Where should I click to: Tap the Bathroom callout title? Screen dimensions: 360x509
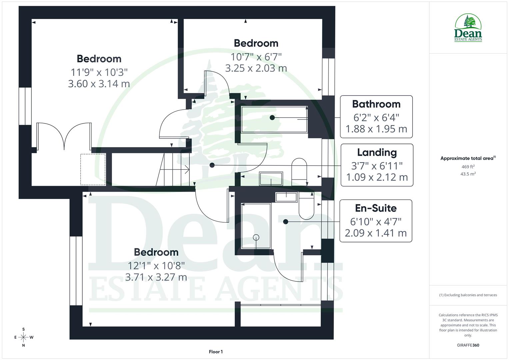pos(376,104)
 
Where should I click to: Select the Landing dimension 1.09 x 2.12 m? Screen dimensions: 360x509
pos(377,177)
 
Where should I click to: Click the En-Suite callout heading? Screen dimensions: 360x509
pos(376,208)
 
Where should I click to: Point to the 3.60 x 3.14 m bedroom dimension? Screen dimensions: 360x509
pos(99,83)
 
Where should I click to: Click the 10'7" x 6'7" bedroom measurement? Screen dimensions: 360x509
pos(256,57)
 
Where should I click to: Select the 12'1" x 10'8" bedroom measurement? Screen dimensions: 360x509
pos(156,266)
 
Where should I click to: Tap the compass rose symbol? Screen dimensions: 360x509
pos(23,337)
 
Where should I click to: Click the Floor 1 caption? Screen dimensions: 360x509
pos(216,352)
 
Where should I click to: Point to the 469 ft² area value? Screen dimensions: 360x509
pos(468,167)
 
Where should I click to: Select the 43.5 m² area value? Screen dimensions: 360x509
pos(468,174)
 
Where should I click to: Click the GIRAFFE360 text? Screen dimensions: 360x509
pos(468,345)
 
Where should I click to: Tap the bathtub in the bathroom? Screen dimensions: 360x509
pos(274,119)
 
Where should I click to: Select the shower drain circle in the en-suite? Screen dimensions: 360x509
pos(256,237)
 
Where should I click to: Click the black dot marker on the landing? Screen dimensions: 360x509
pos(212,165)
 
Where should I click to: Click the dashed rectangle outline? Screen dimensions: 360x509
pos(93,169)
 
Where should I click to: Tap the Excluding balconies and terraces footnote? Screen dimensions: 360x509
pos(468,295)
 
